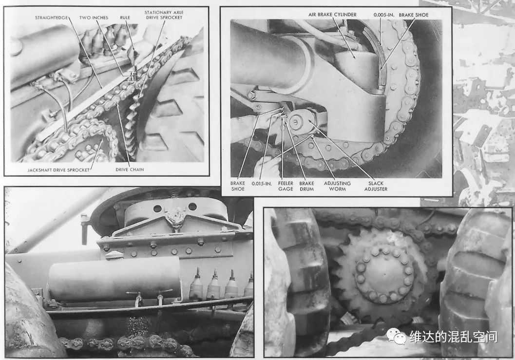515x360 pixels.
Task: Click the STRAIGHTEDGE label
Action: (x=51, y=18)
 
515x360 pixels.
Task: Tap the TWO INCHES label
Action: (x=94, y=18)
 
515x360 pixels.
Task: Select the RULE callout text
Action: (x=125, y=18)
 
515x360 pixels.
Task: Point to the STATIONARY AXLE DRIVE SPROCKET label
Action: (x=164, y=15)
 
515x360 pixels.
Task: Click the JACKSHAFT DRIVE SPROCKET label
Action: (x=58, y=170)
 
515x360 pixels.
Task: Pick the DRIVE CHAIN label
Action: (x=130, y=170)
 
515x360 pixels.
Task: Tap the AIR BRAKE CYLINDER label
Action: (x=332, y=15)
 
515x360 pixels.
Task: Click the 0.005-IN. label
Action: (x=384, y=15)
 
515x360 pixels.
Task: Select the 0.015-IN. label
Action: (x=262, y=184)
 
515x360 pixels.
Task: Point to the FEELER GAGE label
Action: (x=286, y=186)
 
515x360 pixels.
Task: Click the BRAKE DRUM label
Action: (x=307, y=186)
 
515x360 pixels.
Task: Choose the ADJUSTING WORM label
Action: (x=337, y=186)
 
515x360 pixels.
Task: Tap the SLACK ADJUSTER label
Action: (x=376, y=186)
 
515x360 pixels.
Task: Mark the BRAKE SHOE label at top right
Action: (x=414, y=15)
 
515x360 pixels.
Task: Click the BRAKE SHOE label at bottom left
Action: (x=238, y=186)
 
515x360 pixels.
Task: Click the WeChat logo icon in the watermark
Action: (x=396, y=336)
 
